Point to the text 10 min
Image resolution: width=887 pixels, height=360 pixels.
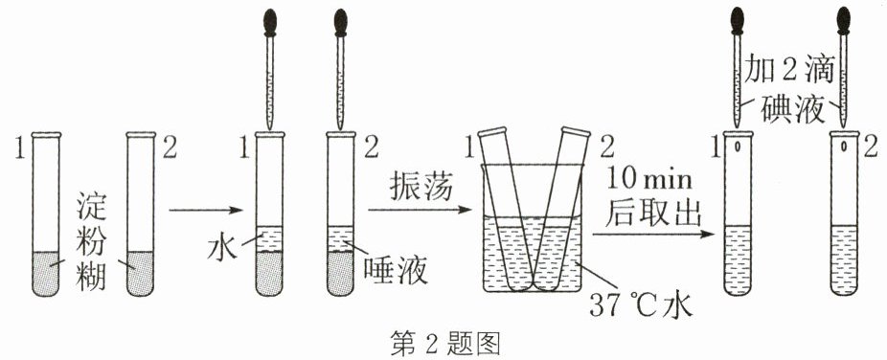(x=648, y=180)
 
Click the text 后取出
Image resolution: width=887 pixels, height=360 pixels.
(x=653, y=214)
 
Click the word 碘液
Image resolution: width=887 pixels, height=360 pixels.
(x=792, y=108)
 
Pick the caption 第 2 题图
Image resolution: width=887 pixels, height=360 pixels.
(x=445, y=343)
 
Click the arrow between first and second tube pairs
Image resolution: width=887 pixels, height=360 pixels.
(x=205, y=211)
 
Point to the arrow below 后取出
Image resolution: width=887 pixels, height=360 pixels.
(x=650, y=234)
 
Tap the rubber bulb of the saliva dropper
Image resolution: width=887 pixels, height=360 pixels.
(x=340, y=21)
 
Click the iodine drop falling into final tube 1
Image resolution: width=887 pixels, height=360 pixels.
(x=738, y=146)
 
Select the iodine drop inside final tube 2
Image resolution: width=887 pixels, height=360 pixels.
(x=844, y=146)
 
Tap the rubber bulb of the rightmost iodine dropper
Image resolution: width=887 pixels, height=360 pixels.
(x=844, y=21)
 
